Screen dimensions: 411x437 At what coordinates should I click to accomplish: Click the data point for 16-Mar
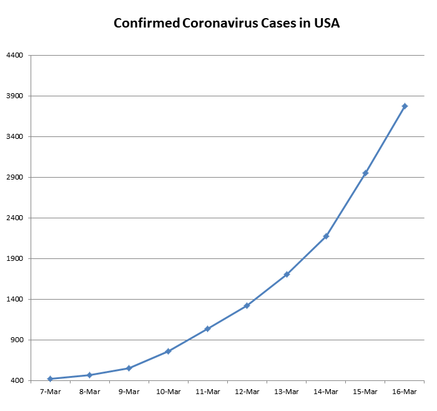(x=405, y=106)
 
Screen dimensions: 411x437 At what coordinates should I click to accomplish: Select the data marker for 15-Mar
(x=365, y=173)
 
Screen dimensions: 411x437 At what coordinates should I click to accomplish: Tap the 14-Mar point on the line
(x=326, y=236)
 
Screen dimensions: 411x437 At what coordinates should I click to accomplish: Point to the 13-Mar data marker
(x=287, y=274)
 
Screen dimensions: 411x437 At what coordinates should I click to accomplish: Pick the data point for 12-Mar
(x=247, y=305)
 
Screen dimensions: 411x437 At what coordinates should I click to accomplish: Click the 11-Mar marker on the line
(x=207, y=328)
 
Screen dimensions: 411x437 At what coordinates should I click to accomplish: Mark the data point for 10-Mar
(x=168, y=352)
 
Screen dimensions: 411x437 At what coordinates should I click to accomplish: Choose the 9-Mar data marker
(x=129, y=368)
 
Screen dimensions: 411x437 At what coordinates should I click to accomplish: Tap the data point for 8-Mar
(x=89, y=375)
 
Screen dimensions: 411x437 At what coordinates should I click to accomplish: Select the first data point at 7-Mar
(x=50, y=378)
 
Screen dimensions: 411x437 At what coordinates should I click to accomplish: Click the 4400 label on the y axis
(x=14, y=55)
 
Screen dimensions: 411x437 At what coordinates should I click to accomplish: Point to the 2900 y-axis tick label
(x=14, y=177)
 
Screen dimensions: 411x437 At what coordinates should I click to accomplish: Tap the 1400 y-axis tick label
(x=14, y=299)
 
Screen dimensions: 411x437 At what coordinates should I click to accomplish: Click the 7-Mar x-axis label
(x=50, y=392)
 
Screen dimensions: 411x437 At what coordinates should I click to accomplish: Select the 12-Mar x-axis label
(x=247, y=392)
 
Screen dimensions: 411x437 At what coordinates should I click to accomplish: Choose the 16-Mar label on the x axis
(x=405, y=392)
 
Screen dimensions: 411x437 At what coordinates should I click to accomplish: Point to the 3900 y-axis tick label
(x=14, y=96)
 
